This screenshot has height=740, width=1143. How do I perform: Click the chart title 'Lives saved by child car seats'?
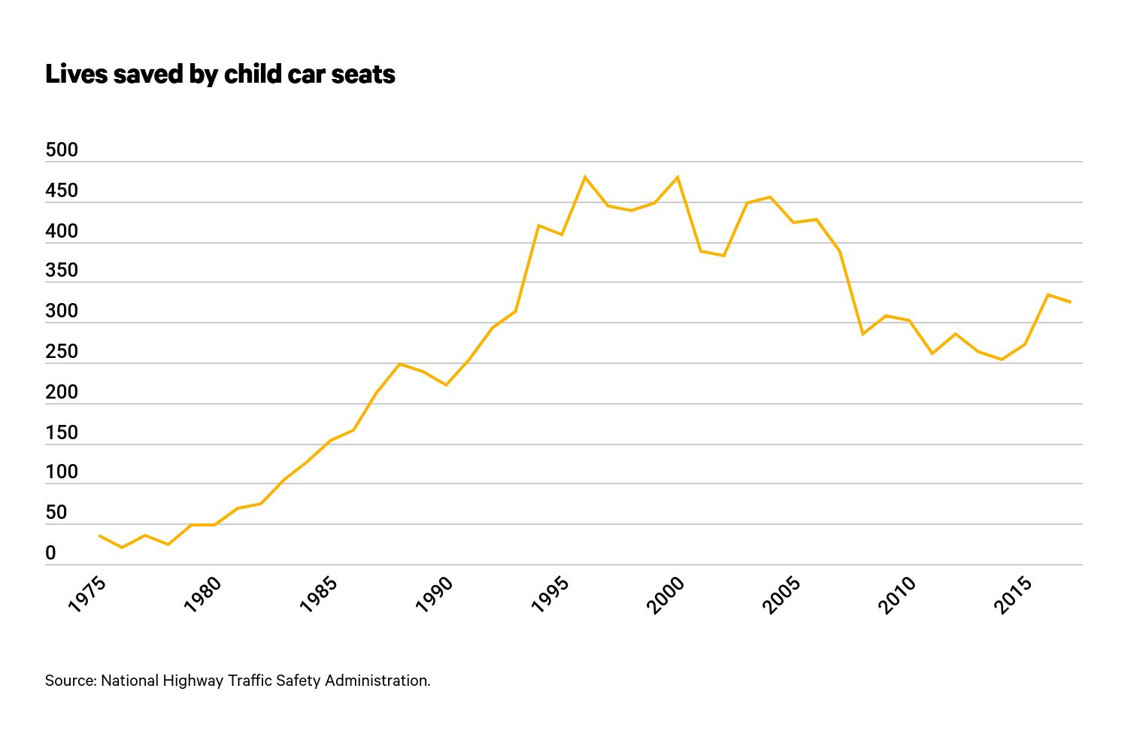220,74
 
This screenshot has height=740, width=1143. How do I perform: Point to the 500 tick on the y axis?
62,150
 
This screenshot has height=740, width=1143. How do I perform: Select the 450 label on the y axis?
62,190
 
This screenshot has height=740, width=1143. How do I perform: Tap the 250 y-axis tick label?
62,351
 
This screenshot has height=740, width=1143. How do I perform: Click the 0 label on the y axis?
50,553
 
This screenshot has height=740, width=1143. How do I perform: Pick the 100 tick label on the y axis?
62,472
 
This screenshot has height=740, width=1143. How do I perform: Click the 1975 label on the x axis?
87,595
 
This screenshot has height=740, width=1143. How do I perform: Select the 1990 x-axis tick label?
434,595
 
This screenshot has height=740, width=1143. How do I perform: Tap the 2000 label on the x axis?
665,595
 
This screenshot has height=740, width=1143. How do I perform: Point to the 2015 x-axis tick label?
1013,595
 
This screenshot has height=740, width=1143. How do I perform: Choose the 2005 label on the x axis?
781,595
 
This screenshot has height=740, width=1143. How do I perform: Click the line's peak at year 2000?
678,177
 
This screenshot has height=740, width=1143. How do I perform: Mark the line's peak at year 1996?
585,177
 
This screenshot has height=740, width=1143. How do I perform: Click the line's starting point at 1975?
99,535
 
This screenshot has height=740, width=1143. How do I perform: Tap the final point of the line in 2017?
1070,302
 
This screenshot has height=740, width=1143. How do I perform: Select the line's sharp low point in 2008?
863,334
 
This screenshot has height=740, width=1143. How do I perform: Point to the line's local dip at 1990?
446,385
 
